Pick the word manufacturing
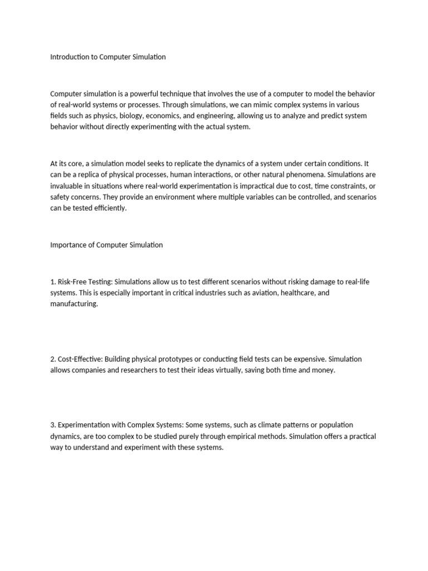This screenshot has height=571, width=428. click(73, 304)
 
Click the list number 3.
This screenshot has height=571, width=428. click(52, 425)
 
